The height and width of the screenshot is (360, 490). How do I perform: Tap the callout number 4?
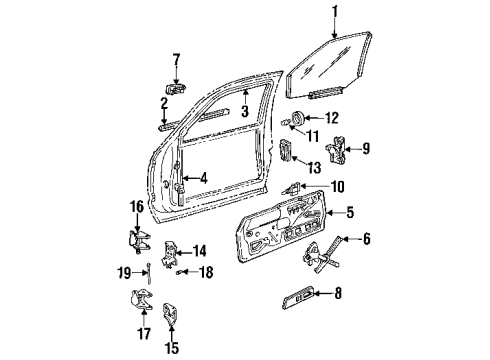(x=204, y=180)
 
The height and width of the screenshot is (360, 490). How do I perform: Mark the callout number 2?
(x=164, y=104)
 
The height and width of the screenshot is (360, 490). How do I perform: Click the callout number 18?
(x=205, y=271)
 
